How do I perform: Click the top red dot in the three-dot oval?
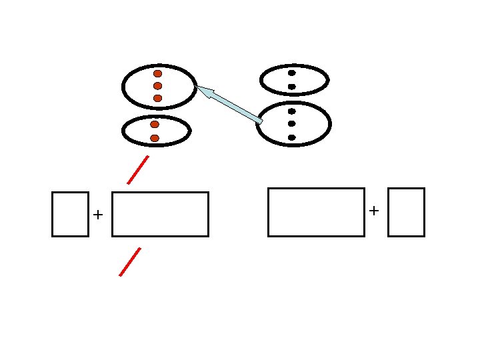[x=158, y=73]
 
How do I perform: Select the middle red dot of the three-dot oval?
[x=158, y=86]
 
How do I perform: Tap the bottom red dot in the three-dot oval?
[x=158, y=98]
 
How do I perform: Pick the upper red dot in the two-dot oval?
[x=155, y=125]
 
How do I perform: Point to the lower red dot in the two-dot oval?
[x=155, y=138]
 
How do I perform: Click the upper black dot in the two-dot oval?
[x=292, y=73]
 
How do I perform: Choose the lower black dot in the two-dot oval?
[x=292, y=87]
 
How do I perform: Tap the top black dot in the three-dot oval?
[x=292, y=111]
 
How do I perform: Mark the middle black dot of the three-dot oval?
[x=292, y=124]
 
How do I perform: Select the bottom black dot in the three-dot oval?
[x=292, y=137]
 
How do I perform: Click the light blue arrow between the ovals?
[x=229, y=104]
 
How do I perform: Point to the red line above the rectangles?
[x=138, y=169]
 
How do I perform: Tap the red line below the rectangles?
[x=130, y=261]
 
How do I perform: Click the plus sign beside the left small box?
[x=99, y=215]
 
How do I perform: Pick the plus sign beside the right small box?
[x=374, y=211]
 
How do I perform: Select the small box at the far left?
[x=70, y=214]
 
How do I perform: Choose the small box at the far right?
[x=406, y=212]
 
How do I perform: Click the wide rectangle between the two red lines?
[x=160, y=214]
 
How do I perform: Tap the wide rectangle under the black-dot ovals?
[x=316, y=212]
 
